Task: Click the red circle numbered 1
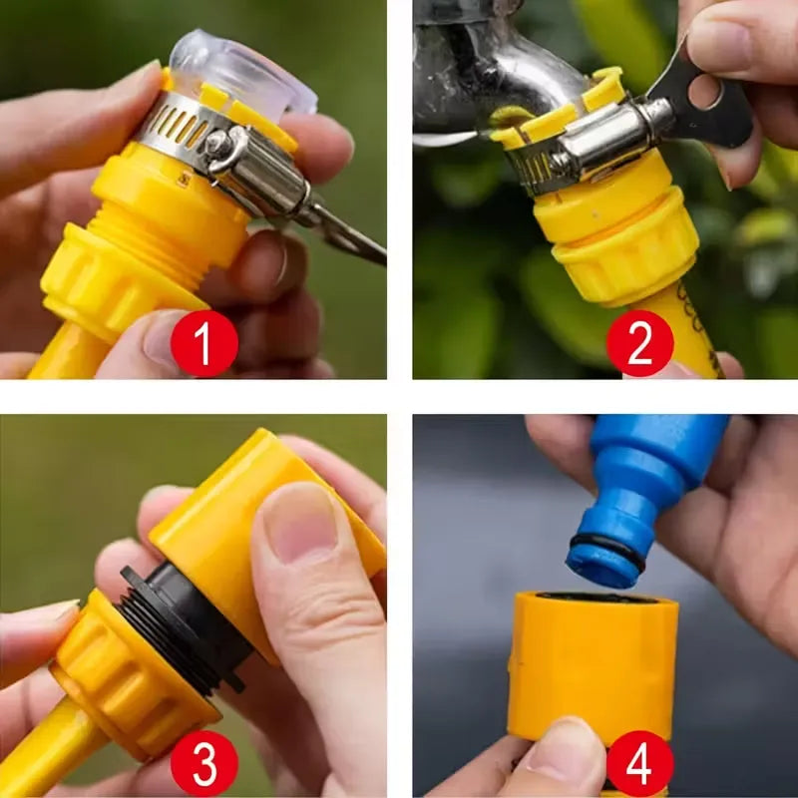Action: [x=204, y=343]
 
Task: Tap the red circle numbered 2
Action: [x=639, y=343]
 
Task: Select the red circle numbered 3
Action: [x=204, y=764]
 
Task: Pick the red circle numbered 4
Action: [x=639, y=764]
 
